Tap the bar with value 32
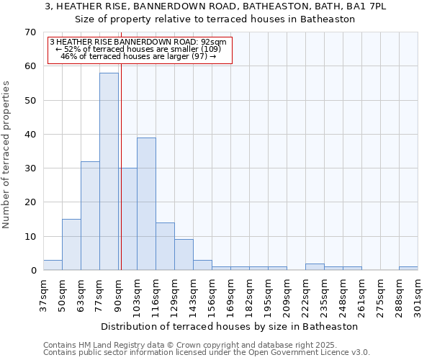90,216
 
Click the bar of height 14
165,246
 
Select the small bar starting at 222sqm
315,267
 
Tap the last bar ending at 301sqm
408,269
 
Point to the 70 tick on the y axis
30,32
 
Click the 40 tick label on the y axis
30,135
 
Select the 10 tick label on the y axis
30,237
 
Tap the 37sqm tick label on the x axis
44,294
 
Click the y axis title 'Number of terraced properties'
7,155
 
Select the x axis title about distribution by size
230,326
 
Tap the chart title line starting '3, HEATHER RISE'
215,6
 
